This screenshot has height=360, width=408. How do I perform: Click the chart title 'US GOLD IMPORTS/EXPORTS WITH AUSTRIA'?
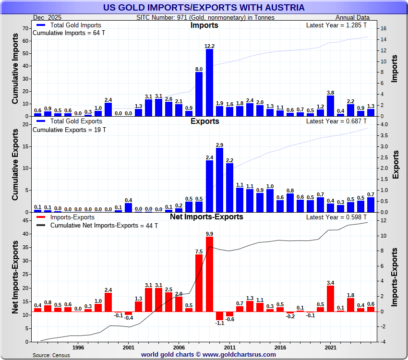(x=204, y=7)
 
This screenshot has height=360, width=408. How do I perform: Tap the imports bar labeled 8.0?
(x=199, y=94)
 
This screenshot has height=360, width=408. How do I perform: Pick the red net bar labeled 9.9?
(x=209, y=274)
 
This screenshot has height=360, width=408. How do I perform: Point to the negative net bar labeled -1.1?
(x=219, y=315)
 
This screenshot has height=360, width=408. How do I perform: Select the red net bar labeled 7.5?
(x=199, y=283)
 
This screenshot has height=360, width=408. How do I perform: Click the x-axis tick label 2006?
(x=179, y=347)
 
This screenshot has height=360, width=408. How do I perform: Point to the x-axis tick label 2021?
(x=330, y=347)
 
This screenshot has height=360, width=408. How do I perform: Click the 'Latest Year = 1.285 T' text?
(x=337, y=25)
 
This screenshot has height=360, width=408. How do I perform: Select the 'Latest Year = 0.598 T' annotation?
(x=337, y=217)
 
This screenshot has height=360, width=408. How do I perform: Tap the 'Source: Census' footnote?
(x=51, y=355)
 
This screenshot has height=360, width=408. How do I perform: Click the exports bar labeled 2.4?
(x=209, y=186)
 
